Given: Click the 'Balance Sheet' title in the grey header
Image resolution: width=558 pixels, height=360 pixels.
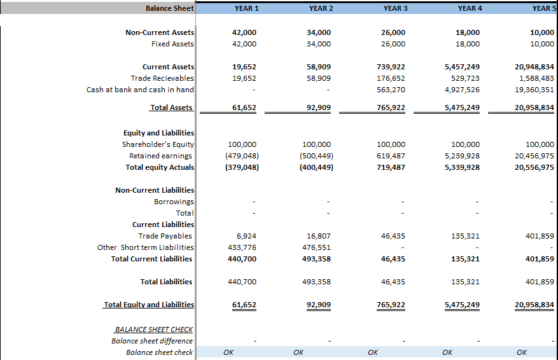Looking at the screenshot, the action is point(170,8).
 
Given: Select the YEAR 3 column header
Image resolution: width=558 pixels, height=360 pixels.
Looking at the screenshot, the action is point(395,8).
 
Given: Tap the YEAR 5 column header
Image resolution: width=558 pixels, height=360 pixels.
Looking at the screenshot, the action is point(545,8).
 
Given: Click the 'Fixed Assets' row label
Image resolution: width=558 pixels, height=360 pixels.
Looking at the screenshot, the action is point(172,44).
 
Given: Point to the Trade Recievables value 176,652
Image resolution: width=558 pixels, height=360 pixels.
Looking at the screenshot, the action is point(391,78).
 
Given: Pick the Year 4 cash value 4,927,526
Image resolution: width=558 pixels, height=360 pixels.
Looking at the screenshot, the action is point(462,90).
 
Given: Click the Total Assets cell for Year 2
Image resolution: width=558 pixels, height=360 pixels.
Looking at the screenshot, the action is point(319,107).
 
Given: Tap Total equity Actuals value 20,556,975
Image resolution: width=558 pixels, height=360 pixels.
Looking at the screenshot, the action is point(534,167).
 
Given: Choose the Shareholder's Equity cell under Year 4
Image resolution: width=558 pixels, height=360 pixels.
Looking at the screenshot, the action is point(465,144).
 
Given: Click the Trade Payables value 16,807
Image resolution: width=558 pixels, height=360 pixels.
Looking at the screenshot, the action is point(319,236).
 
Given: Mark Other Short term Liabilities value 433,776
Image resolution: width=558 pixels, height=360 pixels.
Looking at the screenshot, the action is point(242,247).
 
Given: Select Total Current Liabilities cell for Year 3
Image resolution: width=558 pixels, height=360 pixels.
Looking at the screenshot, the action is point(393,259).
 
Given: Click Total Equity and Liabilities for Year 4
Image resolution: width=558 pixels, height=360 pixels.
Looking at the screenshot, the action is point(462,305).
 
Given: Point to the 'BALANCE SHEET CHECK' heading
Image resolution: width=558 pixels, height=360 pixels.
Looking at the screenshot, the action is point(154,329).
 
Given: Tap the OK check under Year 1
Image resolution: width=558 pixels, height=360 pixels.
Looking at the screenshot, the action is point(228,352).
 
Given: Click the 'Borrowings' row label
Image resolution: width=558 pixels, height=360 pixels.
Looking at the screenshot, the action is point(174,202).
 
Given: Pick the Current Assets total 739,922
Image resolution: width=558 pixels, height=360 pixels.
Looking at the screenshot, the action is point(391,67).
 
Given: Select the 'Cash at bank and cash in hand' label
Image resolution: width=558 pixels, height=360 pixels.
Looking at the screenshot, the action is point(140,90).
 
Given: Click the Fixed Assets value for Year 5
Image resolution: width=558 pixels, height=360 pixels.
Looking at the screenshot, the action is point(542,44).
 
